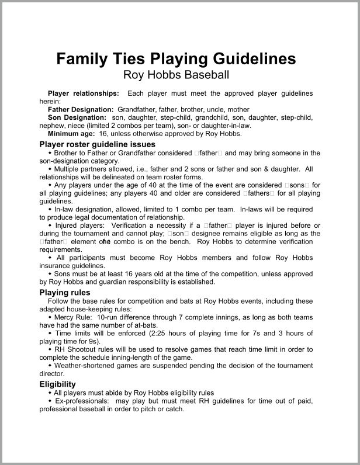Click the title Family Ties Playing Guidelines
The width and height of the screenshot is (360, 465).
[x=175, y=59]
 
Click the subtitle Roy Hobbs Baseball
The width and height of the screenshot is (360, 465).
[x=175, y=75]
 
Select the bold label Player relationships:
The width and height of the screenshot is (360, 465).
[x=84, y=93]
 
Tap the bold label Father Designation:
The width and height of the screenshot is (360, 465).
[x=81, y=109]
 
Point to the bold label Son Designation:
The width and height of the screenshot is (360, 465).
[x=76, y=117]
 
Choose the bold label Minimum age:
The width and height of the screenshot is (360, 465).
[x=71, y=133]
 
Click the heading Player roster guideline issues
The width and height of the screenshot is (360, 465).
[x=97, y=144]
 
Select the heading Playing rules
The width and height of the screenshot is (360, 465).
[x=64, y=292]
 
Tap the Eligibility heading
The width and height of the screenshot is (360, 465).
[x=57, y=384]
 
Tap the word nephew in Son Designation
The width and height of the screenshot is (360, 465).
[x=51, y=125]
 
